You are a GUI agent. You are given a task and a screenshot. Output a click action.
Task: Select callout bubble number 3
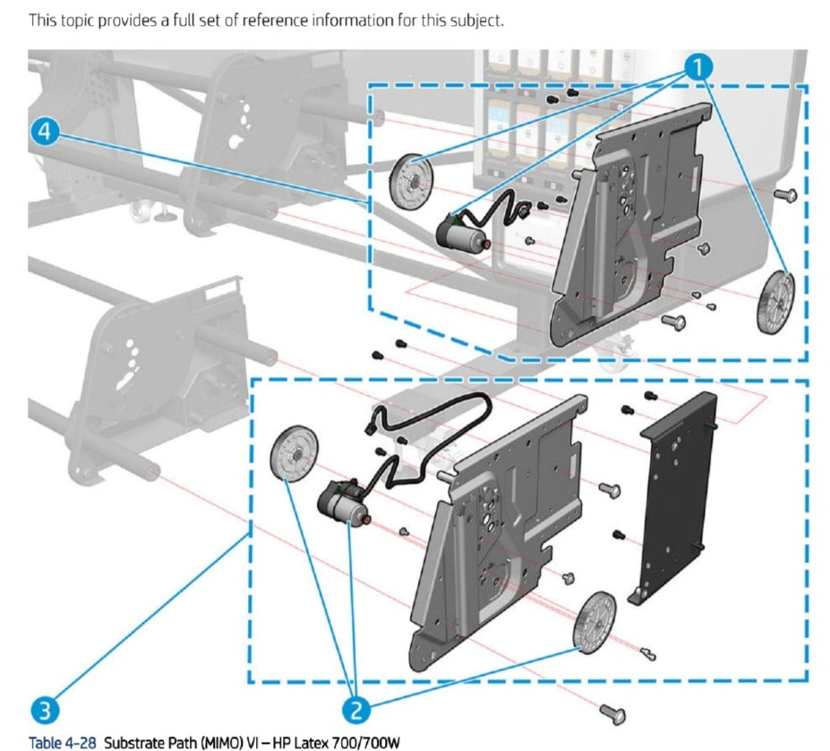pyautogui.click(x=45, y=711)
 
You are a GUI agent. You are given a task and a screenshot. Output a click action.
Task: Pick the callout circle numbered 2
pyautogui.click(x=355, y=711)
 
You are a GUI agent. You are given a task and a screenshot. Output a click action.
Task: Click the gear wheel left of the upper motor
pyautogui.click(x=412, y=181)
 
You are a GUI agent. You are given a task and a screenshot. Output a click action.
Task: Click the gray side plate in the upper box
pyautogui.click(x=631, y=224)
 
